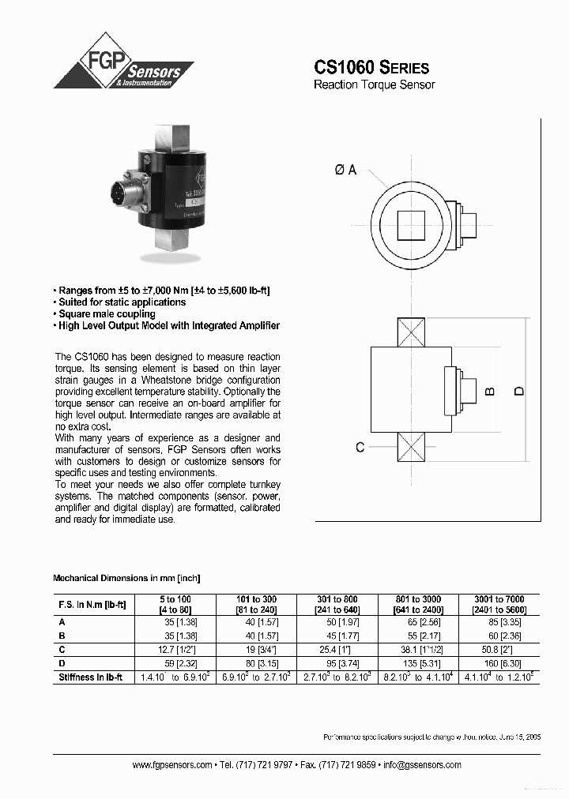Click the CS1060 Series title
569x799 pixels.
(x=371, y=67)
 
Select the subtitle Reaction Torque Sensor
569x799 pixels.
(x=374, y=84)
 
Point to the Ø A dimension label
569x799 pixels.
(x=345, y=170)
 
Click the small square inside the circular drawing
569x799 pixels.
(x=411, y=226)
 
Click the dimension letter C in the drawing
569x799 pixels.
(x=360, y=447)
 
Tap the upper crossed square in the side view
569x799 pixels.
(x=411, y=332)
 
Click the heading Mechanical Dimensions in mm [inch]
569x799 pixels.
(x=132, y=578)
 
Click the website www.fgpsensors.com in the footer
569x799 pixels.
(x=171, y=765)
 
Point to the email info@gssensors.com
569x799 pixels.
(x=421, y=765)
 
